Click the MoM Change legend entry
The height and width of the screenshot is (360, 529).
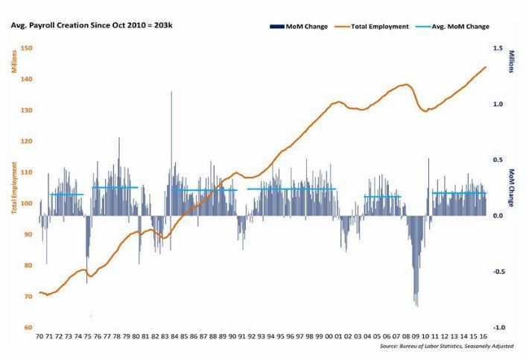(302, 26)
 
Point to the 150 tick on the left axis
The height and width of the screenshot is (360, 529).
(27, 48)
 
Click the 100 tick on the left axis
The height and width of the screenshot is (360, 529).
(27, 203)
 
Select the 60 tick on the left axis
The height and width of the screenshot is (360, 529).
(28, 327)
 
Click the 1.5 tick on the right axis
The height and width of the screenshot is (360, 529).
(497, 48)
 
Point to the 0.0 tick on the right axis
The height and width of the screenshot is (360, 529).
(497, 215)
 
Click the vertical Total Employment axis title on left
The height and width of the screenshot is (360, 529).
(13, 186)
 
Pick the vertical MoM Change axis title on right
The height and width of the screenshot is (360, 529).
(512, 186)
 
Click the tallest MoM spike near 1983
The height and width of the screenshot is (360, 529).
(171, 92)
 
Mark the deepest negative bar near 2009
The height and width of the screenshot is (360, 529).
(416, 305)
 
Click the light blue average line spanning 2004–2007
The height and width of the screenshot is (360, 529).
(382, 197)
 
